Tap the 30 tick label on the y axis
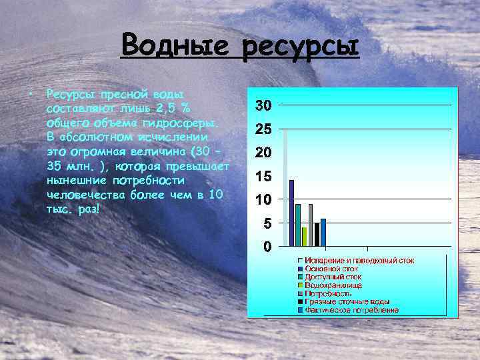coord(263,106)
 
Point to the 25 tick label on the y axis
coord(263,129)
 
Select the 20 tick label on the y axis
coord(263,153)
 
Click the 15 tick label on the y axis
coord(263,176)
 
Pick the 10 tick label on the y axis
coord(263,199)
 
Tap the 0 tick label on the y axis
coord(266,247)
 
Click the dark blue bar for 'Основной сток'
coord(291,213)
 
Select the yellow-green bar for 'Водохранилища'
coord(304,236)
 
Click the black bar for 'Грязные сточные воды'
coord(317,234)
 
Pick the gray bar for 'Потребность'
coord(311,225)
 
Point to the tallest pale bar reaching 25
coord(285,187)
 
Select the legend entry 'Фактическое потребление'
coord(351,310)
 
